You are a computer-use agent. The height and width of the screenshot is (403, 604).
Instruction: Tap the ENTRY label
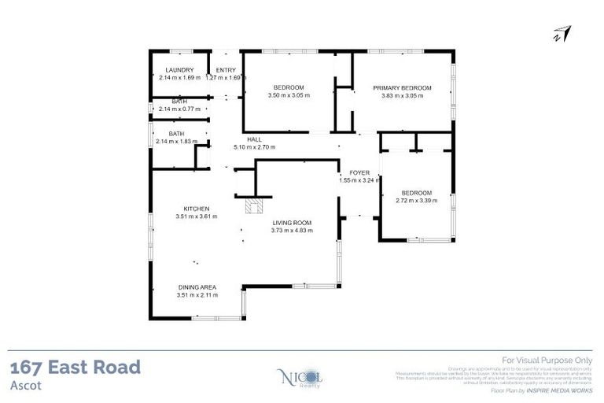click(x=226, y=70)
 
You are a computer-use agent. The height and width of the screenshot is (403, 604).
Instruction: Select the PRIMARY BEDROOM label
click(x=402, y=87)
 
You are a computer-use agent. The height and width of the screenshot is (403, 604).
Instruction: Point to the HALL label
click(x=254, y=139)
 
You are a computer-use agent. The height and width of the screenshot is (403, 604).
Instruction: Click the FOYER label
click(x=349, y=172)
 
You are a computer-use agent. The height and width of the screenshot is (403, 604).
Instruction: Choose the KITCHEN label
click(x=197, y=208)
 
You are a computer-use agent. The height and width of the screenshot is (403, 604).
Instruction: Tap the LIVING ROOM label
click(x=291, y=223)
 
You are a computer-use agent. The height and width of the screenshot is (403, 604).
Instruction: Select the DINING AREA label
click(x=197, y=287)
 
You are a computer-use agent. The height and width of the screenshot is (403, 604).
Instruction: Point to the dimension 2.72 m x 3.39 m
click(x=416, y=201)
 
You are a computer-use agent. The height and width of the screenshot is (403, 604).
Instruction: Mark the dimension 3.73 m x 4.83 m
click(x=291, y=231)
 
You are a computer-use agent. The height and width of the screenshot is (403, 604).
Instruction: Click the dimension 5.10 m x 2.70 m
click(x=254, y=146)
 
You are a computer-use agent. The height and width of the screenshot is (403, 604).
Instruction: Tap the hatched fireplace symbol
click(x=253, y=206)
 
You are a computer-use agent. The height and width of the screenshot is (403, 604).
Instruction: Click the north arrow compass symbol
click(x=562, y=34)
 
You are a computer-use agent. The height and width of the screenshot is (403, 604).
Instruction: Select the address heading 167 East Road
click(x=75, y=367)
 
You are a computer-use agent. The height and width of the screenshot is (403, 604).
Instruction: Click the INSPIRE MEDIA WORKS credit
click(x=559, y=390)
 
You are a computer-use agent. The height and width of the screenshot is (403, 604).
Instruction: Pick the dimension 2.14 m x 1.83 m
click(x=179, y=142)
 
